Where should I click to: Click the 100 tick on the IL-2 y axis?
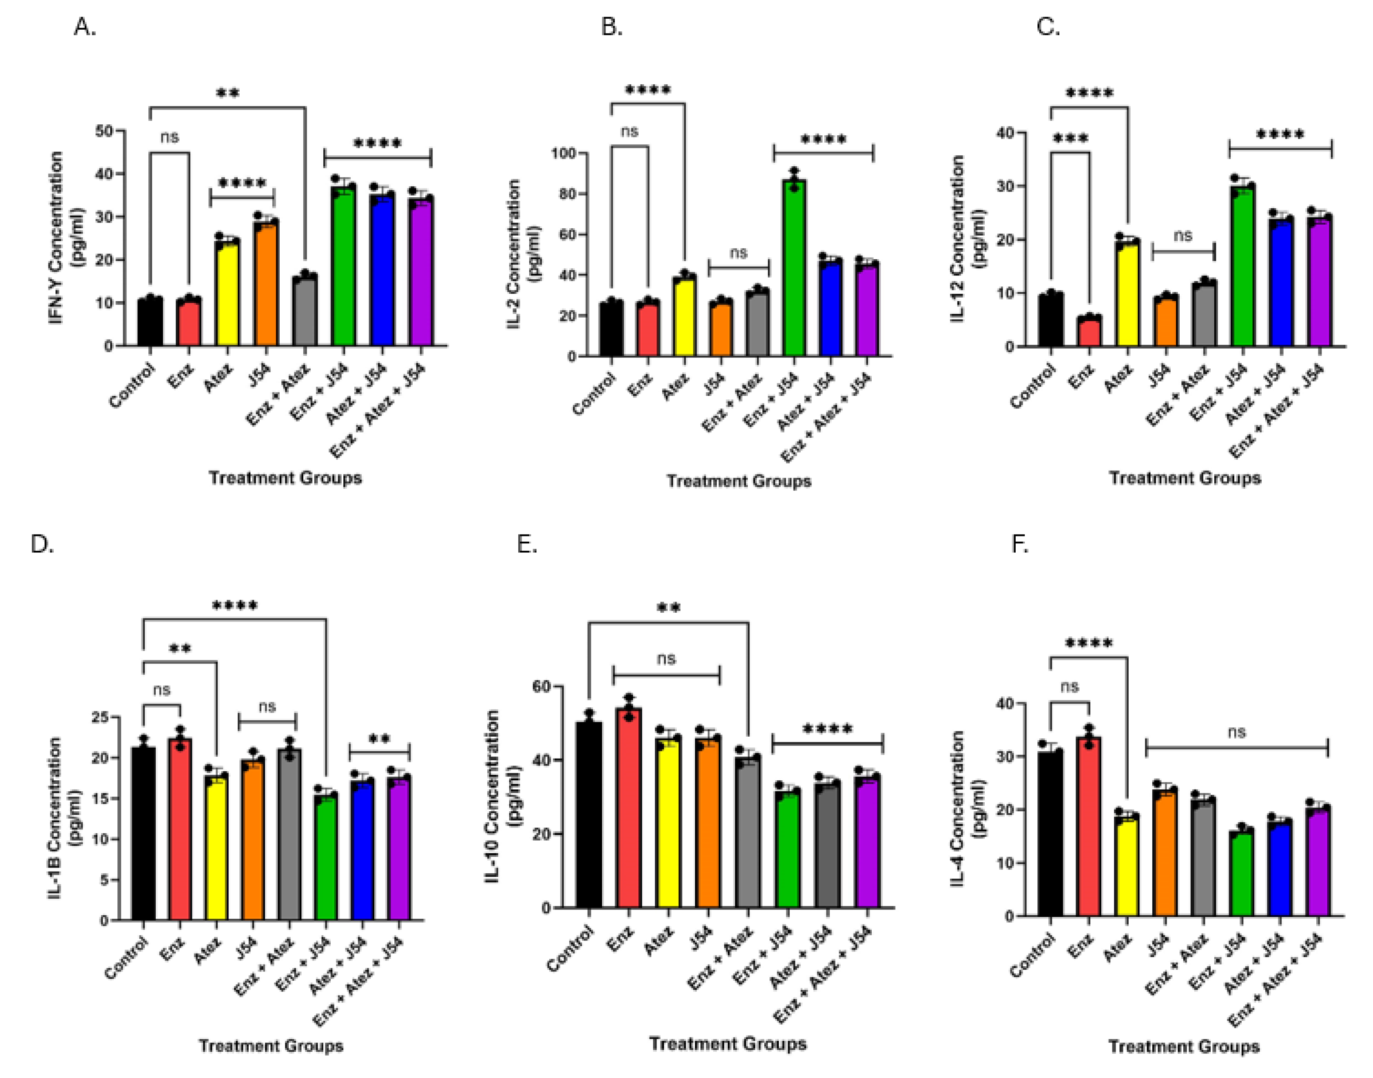pos(562,153)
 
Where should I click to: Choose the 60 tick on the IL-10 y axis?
pos(542,686)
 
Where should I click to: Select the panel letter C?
pos(1048,27)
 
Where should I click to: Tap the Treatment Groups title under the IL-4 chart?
pos(1184,1047)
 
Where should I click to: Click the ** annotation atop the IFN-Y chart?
pos(228,93)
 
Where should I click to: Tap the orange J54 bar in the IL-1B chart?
pos(252,839)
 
